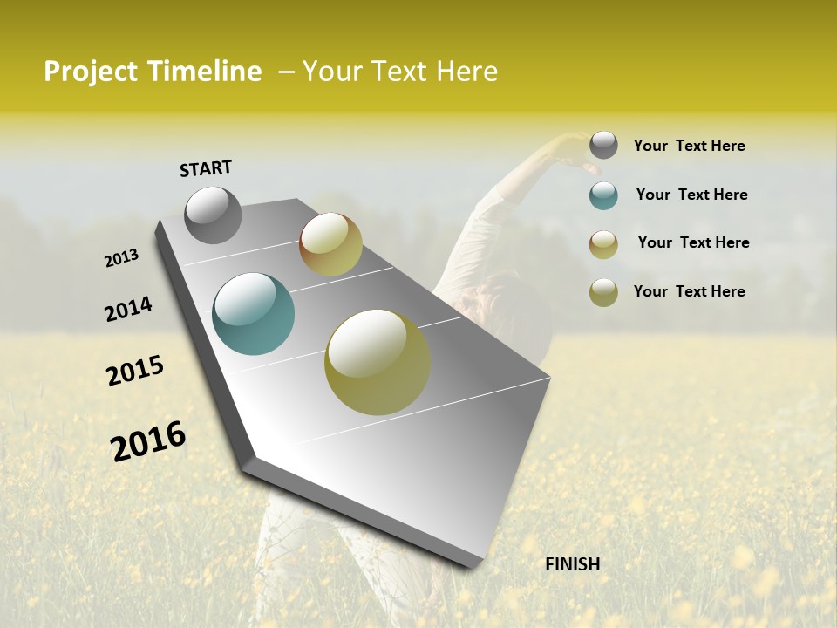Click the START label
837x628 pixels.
click(206, 168)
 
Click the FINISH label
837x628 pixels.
click(572, 564)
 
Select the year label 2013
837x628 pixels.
click(121, 258)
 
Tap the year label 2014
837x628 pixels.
click(128, 310)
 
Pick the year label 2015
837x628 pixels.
click(135, 371)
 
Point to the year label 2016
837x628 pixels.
click(148, 441)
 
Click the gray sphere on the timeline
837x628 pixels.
click(214, 215)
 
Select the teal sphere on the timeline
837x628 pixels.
click(254, 314)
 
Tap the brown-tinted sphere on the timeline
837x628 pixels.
click(330, 244)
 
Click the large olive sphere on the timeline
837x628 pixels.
click(378, 362)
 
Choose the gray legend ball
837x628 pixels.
click(603, 145)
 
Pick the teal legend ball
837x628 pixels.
click(603, 195)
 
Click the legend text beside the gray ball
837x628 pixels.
click(689, 147)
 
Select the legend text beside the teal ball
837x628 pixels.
click(691, 195)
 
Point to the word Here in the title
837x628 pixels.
click(466, 72)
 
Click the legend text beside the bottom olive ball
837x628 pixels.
click(689, 291)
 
